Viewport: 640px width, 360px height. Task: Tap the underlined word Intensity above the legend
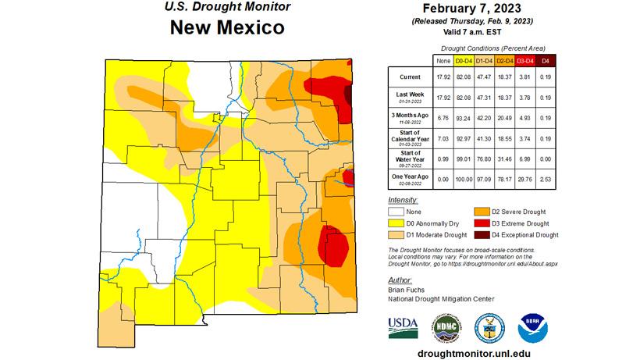click(x=401, y=199)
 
